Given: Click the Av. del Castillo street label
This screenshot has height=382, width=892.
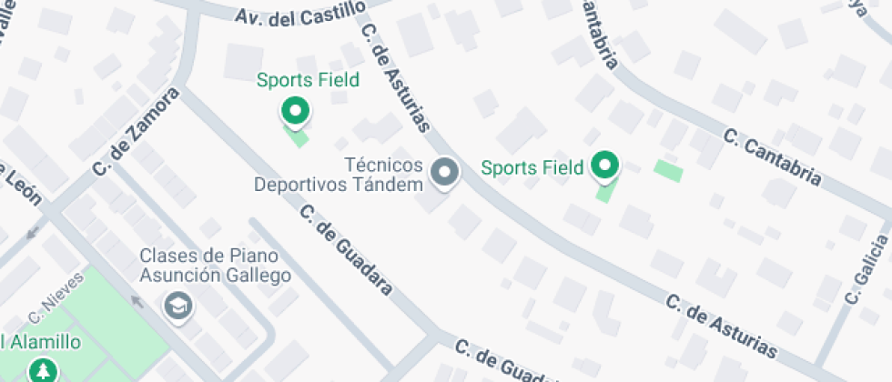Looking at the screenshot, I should pyautogui.click(x=299, y=14).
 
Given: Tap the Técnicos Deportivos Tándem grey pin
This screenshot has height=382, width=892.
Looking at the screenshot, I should pyautogui.click(x=444, y=172).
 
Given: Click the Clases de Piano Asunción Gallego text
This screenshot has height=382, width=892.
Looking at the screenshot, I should pyautogui.click(x=216, y=266).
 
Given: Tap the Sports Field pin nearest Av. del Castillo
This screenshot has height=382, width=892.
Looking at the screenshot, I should pyautogui.click(x=294, y=112).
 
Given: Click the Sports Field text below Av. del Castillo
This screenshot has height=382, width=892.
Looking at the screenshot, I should pyautogui.click(x=308, y=80).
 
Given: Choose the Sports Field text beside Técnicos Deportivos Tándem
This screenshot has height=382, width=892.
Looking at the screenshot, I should pyautogui.click(x=532, y=167).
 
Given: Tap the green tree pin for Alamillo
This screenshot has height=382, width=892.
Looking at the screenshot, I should pyautogui.click(x=41, y=370).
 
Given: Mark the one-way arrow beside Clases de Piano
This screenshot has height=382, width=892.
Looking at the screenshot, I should pyautogui.click(x=137, y=299).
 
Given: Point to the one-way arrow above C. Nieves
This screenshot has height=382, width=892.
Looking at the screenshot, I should pyautogui.click(x=33, y=233).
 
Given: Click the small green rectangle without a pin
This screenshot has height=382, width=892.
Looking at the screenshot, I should pyautogui.click(x=668, y=170).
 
